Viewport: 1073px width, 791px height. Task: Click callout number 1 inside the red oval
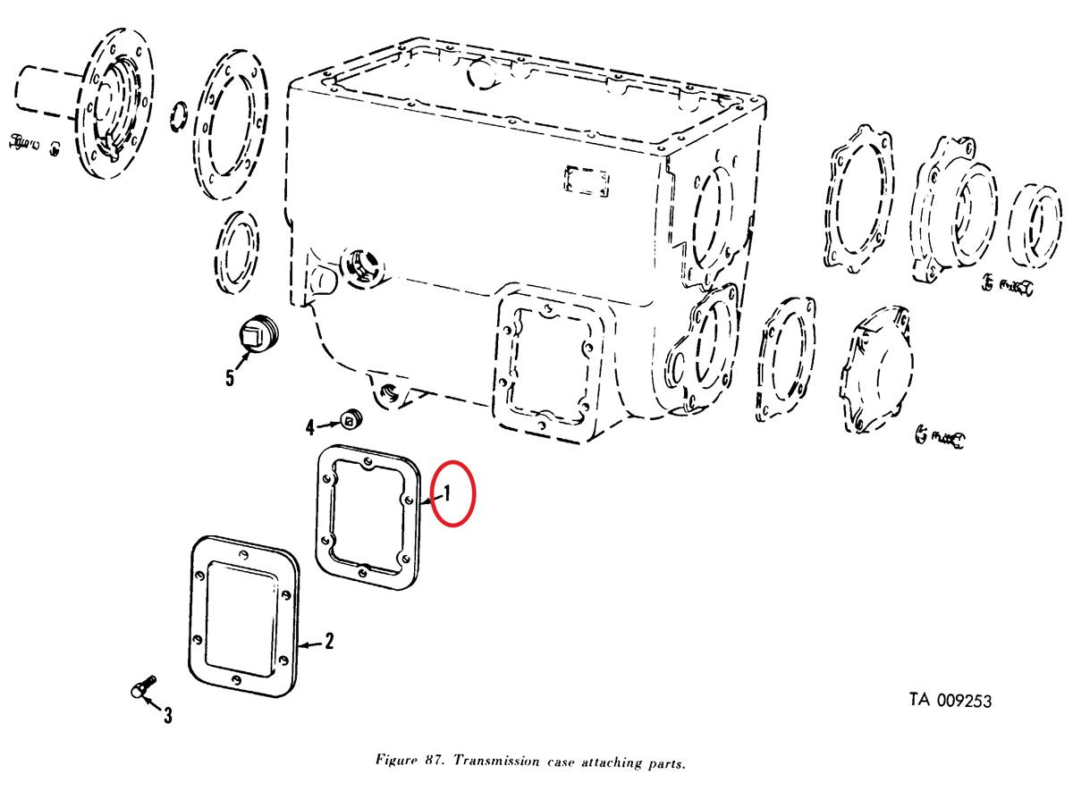click(x=447, y=493)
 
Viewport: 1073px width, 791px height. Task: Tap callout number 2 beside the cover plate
click(x=329, y=642)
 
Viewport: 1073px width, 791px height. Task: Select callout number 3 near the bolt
click(x=168, y=716)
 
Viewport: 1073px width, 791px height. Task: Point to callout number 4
click(x=311, y=427)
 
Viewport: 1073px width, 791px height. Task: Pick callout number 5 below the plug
click(x=231, y=378)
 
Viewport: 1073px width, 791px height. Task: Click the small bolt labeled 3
click(x=143, y=686)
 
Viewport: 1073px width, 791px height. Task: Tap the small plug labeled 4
click(x=351, y=421)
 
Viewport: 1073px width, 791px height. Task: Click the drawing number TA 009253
click(x=950, y=701)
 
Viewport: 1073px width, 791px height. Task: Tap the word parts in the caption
click(x=667, y=762)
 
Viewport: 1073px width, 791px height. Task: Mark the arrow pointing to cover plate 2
click(x=310, y=644)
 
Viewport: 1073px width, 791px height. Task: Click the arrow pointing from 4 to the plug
click(x=329, y=425)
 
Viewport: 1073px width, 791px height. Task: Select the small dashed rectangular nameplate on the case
click(x=587, y=181)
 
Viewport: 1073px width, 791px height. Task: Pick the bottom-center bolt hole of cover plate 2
click(x=235, y=679)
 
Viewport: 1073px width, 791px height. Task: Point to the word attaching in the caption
click(x=612, y=762)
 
